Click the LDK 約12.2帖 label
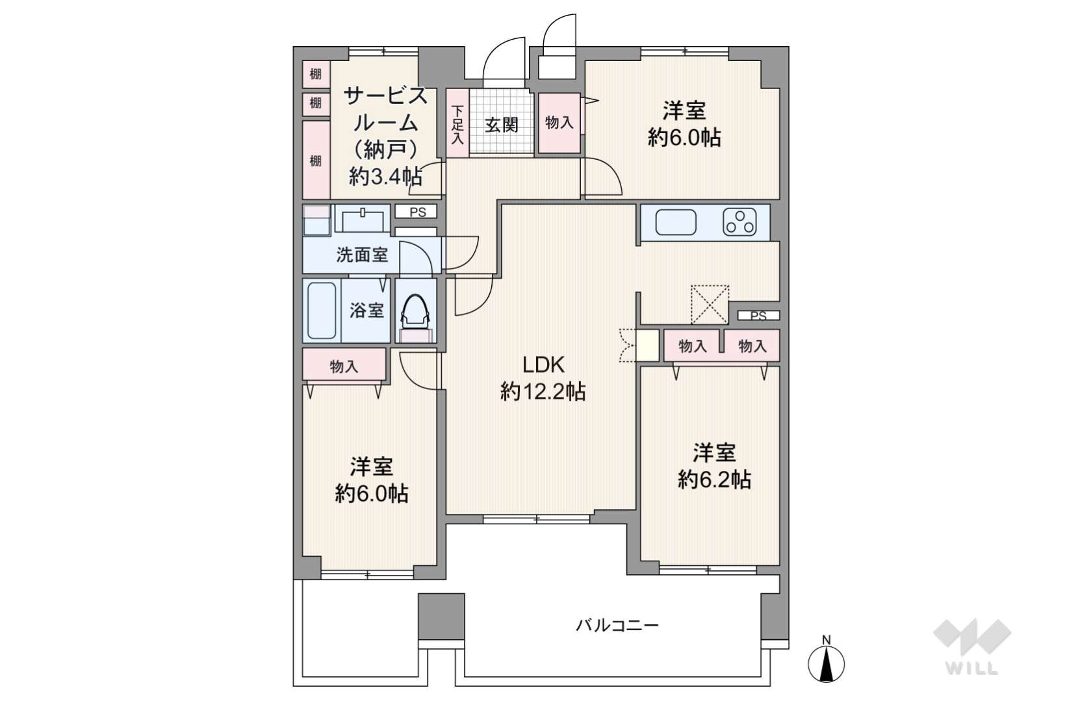tap(543, 378)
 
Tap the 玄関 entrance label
tap(502, 124)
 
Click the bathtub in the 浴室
tap(322, 310)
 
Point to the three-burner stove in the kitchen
tap(739, 222)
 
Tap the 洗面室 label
tap(361, 255)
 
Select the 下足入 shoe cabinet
tap(458, 124)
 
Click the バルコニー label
tap(617, 626)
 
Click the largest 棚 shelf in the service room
tap(316, 160)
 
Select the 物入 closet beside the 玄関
tap(559, 123)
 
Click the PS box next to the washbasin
tap(417, 212)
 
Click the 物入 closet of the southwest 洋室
tap(344, 366)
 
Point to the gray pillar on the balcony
tap(441, 616)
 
